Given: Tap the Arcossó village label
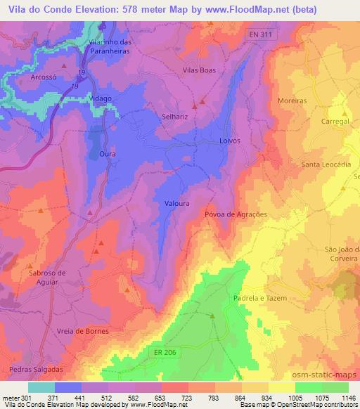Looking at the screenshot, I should tap(44, 79).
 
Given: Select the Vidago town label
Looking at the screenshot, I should tap(101, 99).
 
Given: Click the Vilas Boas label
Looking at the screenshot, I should tap(198, 70).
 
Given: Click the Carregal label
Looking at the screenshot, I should tap(335, 121).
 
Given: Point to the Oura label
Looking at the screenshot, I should tap(107, 153).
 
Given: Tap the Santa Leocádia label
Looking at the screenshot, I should tap(326, 164).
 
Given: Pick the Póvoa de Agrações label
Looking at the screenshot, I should tap(236, 214).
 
